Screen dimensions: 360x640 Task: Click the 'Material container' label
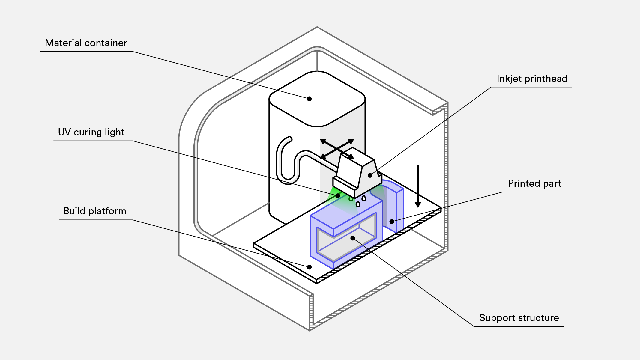tap(86, 43)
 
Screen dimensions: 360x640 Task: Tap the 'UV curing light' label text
tap(91, 132)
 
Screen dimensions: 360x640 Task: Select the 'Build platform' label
tap(94, 211)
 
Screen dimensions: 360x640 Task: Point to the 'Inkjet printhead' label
tap(532, 79)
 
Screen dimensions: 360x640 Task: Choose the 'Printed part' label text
tap(534, 183)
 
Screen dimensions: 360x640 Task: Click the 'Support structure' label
tap(519, 318)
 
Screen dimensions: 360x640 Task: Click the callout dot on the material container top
tap(309, 99)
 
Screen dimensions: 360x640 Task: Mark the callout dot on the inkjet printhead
tap(370, 175)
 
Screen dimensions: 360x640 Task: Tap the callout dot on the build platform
tap(309, 267)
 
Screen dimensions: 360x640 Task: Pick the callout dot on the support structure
tap(353, 238)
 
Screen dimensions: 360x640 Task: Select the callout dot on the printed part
tap(392, 222)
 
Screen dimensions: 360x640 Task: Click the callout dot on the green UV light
tap(338, 196)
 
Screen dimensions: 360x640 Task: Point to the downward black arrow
tap(418, 186)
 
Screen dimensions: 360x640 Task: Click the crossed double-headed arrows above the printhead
tap(337, 149)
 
